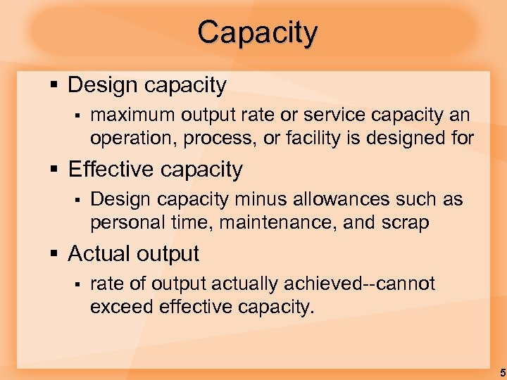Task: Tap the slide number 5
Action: (501, 372)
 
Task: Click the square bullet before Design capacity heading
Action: (54, 86)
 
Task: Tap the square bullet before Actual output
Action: (54, 254)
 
